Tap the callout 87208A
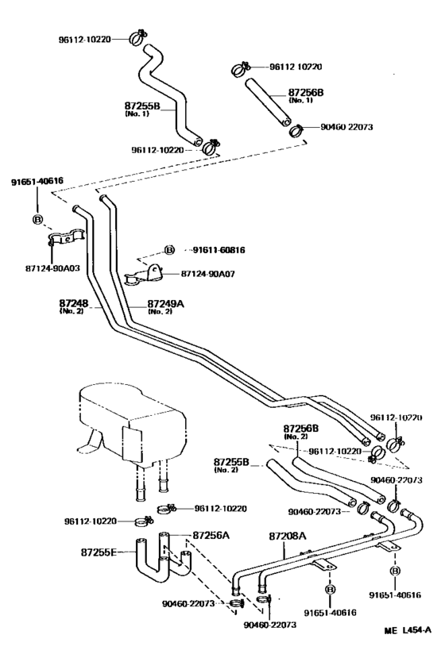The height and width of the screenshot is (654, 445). [x=288, y=537]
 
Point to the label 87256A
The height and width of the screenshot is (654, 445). [x=210, y=535]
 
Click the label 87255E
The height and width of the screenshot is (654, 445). [x=99, y=551]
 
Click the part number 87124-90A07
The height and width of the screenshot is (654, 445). [x=209, y=273]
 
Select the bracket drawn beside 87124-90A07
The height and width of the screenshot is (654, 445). [x=143, y=275]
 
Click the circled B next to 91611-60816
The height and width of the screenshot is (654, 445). [x=168, y=250]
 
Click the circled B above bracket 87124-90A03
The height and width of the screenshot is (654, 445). [x=37, y=219]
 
